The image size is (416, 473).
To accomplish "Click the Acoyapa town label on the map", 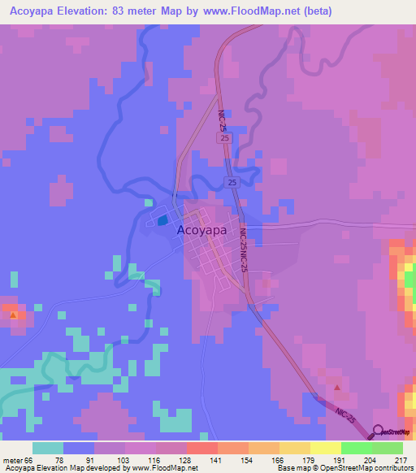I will (202, 230).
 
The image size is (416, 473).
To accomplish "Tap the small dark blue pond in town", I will (162, 219).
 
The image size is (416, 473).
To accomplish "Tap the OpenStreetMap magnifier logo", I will (378, 431).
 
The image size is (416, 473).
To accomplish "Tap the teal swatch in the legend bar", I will (48, 448).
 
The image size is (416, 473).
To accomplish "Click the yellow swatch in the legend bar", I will (325, 448).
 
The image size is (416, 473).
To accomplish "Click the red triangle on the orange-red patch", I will (12, 311).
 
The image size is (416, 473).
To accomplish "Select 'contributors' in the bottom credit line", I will (390, 467).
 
